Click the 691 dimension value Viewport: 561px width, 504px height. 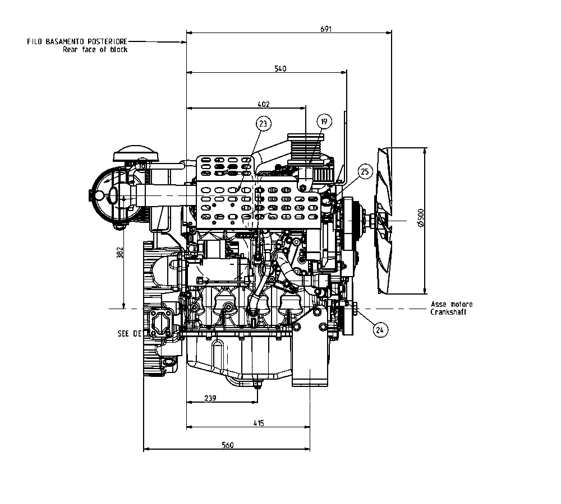pos(326,30)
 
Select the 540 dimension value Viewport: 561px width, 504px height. pos(280,69)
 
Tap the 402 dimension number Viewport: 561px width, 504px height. pos(264,104)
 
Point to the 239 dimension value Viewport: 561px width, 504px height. pos(210,398)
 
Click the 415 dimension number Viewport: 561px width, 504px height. pos(258,423)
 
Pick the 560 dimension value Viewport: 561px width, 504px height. pos(227,445)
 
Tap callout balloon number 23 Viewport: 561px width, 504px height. pos(263,123)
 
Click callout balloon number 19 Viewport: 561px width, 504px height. pos(324,122)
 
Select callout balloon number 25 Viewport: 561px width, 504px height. pos(365,172)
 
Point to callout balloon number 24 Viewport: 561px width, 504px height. pos(380,330)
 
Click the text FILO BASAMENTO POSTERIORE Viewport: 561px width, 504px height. pos(77,41)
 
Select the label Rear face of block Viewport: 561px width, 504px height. pos(95,49)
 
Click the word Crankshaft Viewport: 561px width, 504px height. pos(448,312)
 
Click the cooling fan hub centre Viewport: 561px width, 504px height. pos(371,220)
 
